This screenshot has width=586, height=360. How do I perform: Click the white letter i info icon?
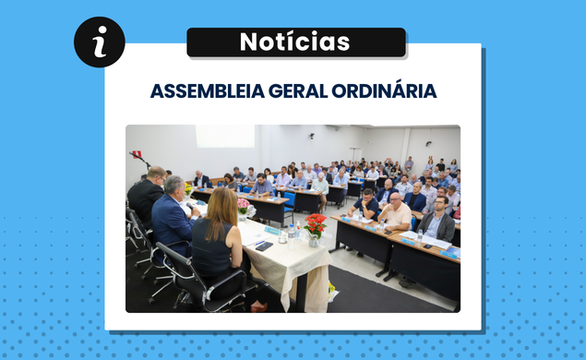click(x=100, y=42)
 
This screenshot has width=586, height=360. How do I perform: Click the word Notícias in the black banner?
click(x=295, y=42)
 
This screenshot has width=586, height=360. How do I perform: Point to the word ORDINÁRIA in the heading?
click(x=378, y=91)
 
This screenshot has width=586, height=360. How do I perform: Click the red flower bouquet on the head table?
click(x=316, y=224)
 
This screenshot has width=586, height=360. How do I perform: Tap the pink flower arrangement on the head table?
click(x=244, y=205)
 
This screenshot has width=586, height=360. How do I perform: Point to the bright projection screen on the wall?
click(x=224, y=137)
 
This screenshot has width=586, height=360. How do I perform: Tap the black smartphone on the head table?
click(x=263, y=246)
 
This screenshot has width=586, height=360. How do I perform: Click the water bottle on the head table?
click(x=292, y=236)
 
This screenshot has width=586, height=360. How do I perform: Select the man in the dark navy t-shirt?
click(x=367, y=204)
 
